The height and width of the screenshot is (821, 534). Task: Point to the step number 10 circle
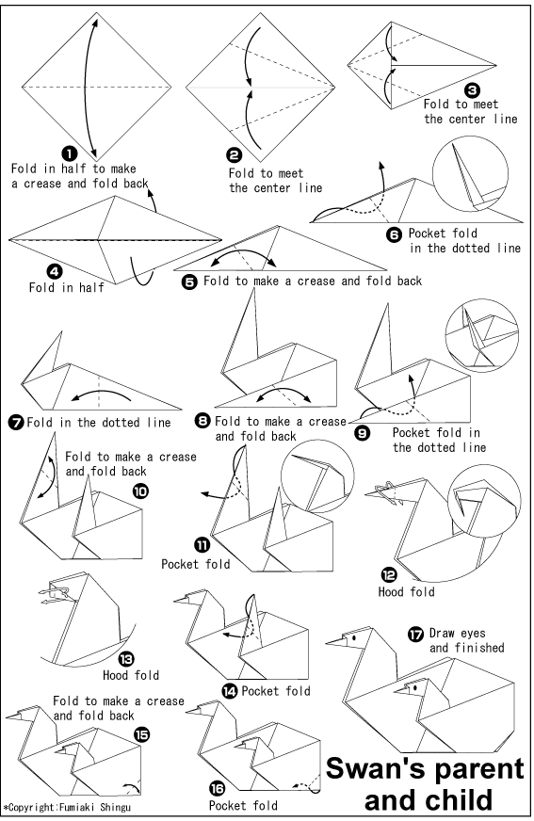141,490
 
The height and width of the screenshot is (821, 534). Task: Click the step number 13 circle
125,660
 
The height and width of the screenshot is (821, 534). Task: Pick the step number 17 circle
415,634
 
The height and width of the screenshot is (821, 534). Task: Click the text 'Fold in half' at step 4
66,288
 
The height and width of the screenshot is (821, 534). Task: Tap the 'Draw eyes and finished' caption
466,640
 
